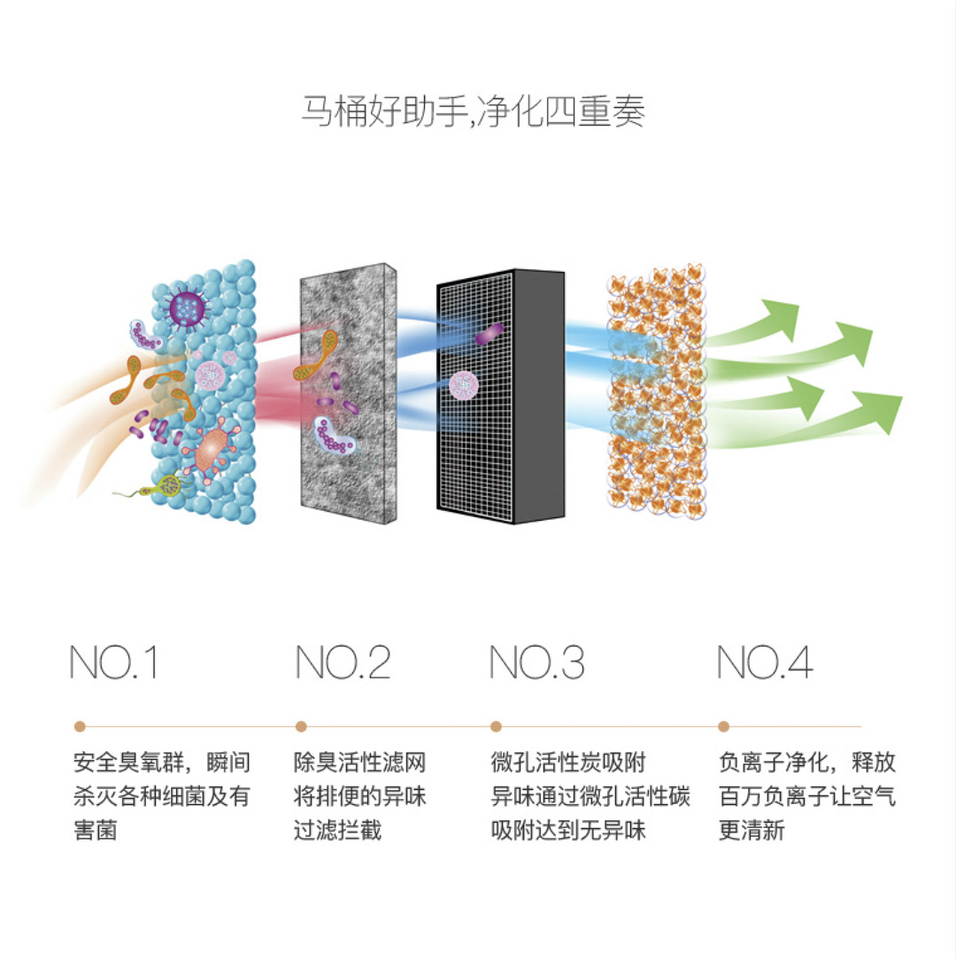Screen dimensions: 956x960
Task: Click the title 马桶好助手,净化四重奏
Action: [473, 112]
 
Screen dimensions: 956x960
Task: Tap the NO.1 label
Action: [114, 662]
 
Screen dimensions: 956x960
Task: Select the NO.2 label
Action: [343, 662]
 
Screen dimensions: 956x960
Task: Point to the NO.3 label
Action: [537, 662]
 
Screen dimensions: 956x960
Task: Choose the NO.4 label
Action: [765, 662]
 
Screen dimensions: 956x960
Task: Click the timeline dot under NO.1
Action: [80, 727]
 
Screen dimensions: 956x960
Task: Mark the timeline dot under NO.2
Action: [301, 727]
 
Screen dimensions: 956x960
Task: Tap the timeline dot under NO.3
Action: [497, 727]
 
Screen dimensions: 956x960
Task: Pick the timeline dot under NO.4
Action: [724, 727]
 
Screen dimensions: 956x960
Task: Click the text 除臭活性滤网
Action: [360, 763]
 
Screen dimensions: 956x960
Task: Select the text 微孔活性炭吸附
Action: [568, 763]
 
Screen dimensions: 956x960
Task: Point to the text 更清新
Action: [752, 831]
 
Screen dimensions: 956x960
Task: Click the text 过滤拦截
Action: [338, 831]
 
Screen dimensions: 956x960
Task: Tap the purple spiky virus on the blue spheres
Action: [186, 308]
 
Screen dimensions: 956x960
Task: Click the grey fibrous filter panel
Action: [348, 394]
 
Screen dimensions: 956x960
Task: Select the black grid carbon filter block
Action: [501, 397]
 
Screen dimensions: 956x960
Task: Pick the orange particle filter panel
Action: [656, 391]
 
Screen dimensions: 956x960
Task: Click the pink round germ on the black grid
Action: [463, 385]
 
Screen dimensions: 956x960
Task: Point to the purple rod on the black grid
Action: [490, 333]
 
